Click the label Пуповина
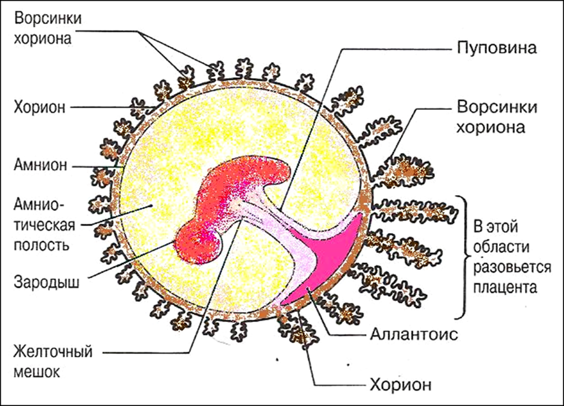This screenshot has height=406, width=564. click(x=497, y=48)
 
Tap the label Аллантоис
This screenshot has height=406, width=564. click(x=414, y=335)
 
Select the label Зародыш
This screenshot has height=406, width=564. click(x=46, y=283)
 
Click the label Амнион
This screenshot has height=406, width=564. click(x=40, y=165)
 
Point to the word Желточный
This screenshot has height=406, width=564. click(x=53, y=352)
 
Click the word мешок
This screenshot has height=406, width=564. click(x=37, y=372)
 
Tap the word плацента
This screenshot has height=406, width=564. click(x=505, y=288)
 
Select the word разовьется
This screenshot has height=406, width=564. click(x=512, y=267)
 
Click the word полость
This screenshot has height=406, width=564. click(x=41, y=245)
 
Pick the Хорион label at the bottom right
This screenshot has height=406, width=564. click(x=400, y=385)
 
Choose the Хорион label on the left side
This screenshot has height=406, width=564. click(x=39, y=107)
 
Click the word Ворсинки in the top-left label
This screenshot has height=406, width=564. click(x=48, y=18)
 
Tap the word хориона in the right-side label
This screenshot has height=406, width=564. click(x=491, y=128)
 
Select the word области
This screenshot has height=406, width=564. click(x=501, y=247)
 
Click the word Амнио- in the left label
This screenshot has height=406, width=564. click(x=39, y=205)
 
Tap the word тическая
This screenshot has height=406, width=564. click(x=45, y=226)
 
